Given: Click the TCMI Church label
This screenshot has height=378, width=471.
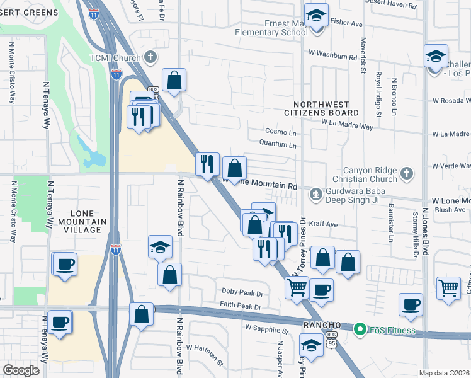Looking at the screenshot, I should tap(118, 58).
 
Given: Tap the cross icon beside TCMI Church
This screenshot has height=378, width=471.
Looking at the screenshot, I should tap(150, 58).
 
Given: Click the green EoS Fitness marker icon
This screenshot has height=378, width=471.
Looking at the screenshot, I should tap(360, 329).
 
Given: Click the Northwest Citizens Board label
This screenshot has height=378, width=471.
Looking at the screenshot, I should tap(326, 108).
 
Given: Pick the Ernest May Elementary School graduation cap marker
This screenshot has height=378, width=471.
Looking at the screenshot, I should tap(317, 14).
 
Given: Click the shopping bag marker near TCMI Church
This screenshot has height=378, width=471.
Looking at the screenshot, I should tap(174, 80).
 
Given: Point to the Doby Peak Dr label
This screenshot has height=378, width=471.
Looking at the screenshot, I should tap(242, 292).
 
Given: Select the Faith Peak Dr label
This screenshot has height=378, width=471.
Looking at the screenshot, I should tap(240, 306).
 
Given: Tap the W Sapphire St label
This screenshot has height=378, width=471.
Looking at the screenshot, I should tap(266, 329).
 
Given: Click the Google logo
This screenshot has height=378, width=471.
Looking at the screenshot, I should tap(21, 370).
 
